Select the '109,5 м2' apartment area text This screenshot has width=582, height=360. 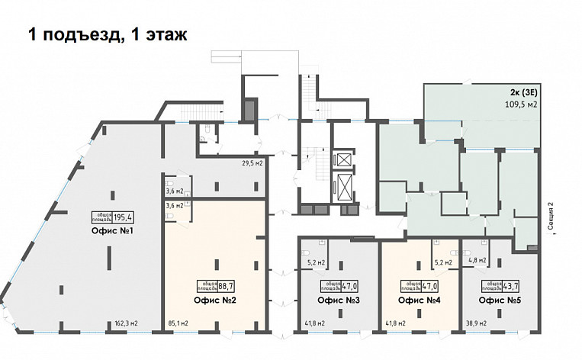[x=522, y=105]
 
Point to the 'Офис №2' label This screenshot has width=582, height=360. [x=213, y=301]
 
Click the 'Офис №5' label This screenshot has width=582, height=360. [x=495, y=301]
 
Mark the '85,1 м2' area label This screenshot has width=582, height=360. [x=179, y=323]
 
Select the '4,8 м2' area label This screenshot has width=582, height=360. [x=477, y=261]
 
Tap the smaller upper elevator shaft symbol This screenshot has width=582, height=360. [x=344, y=159]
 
